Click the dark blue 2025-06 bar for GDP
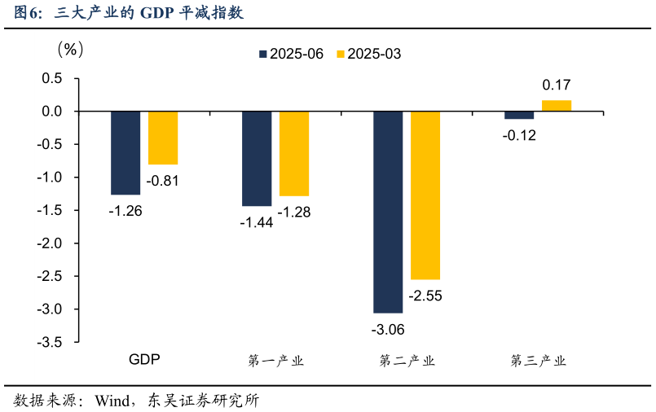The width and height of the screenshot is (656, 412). click(x=125, y=153)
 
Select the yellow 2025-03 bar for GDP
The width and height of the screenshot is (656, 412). click(x=163, y=138)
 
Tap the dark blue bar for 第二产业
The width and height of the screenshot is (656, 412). click(x=388, y=212)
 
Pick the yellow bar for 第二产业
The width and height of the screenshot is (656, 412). click(x=425, y=195)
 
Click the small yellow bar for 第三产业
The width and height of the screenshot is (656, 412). click(x=557, y=105)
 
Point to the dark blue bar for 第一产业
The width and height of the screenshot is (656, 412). click(x=257, y=159)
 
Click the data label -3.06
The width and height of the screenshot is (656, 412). click(x=388, y=330)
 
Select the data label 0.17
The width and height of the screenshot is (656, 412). click(x=557, y=85)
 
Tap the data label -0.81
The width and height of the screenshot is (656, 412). click(x=163, y=181)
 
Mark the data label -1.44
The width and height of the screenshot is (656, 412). click(x=256, y=222)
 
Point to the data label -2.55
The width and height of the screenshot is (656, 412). click(x=425, y=296)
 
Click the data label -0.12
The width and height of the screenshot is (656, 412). click(x=519, y=135)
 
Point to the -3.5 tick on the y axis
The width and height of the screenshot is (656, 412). click(x=51, y=343)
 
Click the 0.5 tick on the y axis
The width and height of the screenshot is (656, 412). click(x=53, y=78)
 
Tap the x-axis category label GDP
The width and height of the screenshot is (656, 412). click(x=144, y=360)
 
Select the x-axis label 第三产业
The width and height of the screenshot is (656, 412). click(x=538, y=361)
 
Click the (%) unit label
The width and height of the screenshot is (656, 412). click(x=69, y=50)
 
